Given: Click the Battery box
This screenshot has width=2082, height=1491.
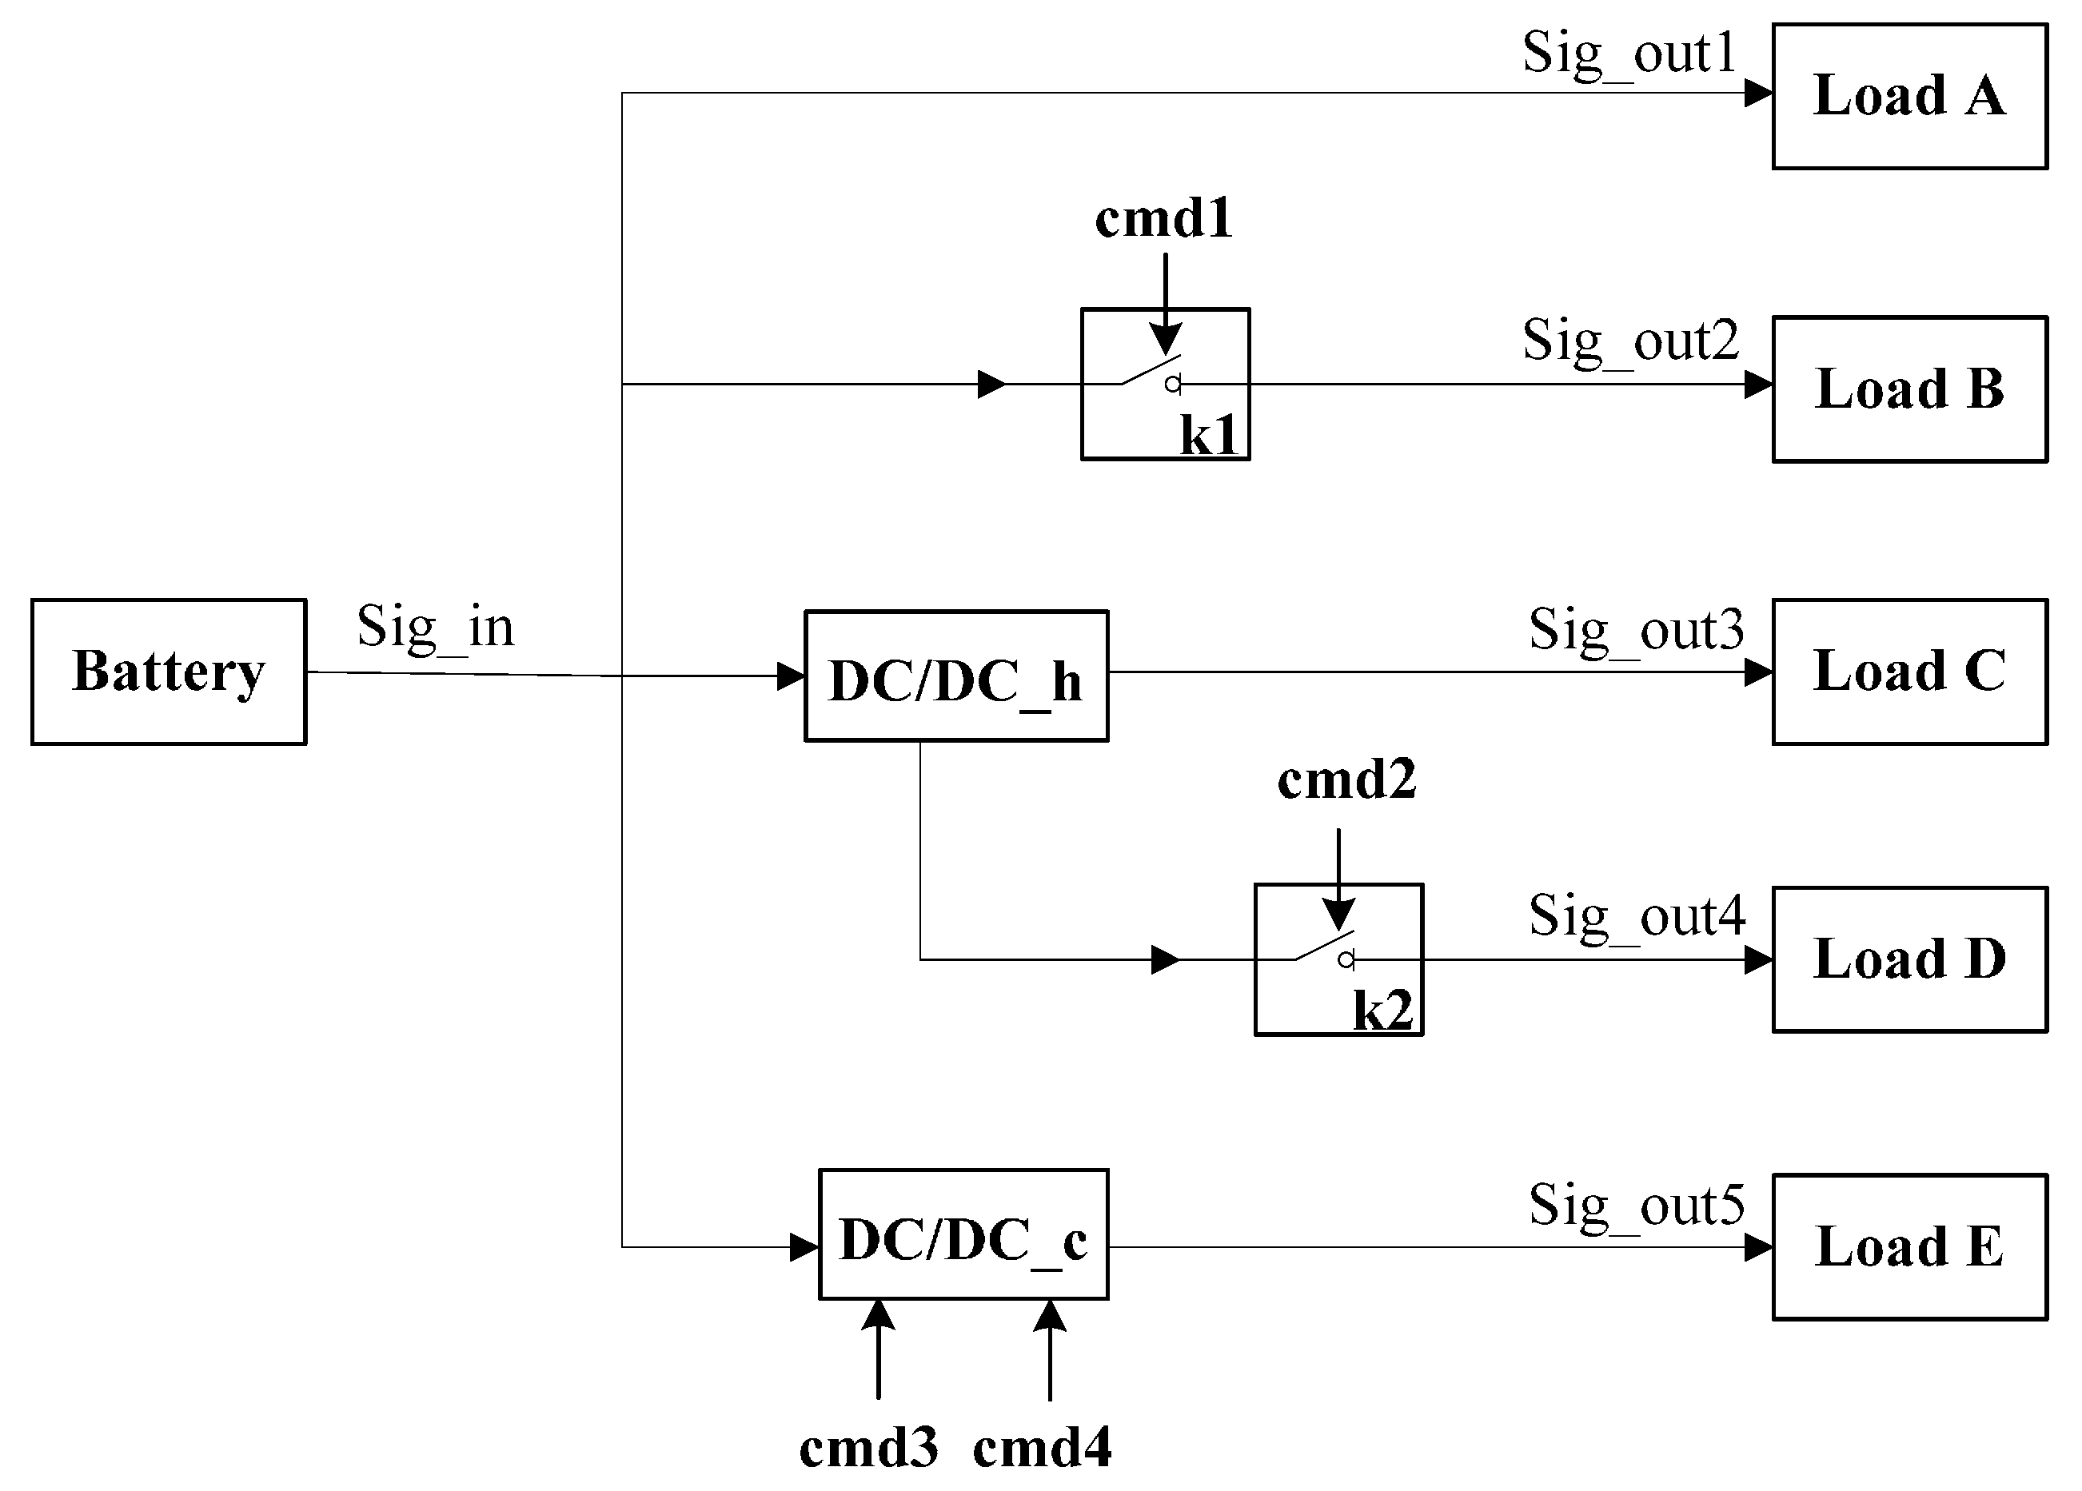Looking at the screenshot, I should point(169,672).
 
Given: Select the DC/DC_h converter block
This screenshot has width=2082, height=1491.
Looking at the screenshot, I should point(955,676).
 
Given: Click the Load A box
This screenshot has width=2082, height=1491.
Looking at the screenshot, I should point(1909,97).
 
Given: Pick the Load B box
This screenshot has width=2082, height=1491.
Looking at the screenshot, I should point(1909,389).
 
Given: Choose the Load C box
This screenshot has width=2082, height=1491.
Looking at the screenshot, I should point(1909,672).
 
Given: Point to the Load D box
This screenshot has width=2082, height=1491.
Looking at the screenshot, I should point(1909,959).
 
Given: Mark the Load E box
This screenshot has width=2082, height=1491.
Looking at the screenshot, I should point(1909,1247).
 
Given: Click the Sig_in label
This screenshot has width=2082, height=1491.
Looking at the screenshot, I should point(435,628).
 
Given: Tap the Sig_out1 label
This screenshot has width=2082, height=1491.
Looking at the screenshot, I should point(1629,54).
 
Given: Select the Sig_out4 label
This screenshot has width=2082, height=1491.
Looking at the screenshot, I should point(1636,916).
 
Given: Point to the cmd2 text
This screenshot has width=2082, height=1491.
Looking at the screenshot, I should point(1346,780).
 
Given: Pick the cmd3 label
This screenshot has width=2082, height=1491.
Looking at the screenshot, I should point(868,1448).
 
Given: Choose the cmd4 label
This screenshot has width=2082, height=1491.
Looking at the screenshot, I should point(1042,1448).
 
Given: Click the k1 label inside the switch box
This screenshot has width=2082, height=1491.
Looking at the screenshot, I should point(1209,435).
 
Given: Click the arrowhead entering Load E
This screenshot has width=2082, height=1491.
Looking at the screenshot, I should point(1758,1247).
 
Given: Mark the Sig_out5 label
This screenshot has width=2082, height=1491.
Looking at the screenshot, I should point(1636,1205).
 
